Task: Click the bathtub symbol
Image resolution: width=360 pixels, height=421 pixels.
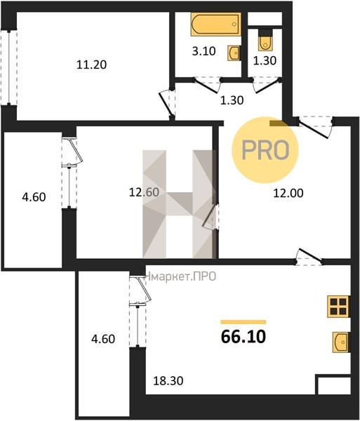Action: pyautogui.click(x=216, y=24)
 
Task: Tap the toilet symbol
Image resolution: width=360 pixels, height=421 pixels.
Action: pyautogui.click(x=265, y=40)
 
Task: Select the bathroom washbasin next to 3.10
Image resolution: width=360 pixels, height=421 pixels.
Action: pyautogui.click(x=234, y=53)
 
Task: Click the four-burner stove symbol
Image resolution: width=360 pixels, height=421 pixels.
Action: pyautogui.click(x=338, y=307)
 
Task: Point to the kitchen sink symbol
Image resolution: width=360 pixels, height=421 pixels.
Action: pyautogui.click(x=341, y=342)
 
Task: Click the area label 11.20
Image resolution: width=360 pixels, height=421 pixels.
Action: pyautogui.click(x=91, y=65)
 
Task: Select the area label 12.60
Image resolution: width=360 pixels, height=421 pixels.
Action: pyautogui.click(x=144, y=192)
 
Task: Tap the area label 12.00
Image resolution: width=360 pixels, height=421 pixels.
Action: pyautogui.click(x=288, y=193)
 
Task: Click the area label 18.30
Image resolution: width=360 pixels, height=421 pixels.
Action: pyautogui.click(x=168, y=380)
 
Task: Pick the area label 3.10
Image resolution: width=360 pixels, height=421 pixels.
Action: pyautogui.click(x=204, y=51)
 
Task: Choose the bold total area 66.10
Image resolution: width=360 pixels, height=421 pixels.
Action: pyautogui.click(x=244, y=337)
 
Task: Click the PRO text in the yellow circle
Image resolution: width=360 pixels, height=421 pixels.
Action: pyautogui.click(x=265, y=150)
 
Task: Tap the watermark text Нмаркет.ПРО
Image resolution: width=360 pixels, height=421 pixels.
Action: pyautogui.click(x=180, y=276)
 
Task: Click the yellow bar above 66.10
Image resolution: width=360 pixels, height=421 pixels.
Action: pyautogui.click(x=244, y=322)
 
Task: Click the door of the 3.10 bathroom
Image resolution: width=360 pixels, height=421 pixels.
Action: pyautogui.click(x=207, y=86)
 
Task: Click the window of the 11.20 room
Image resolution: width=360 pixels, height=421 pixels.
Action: pyautogui.click(x=9, y=67)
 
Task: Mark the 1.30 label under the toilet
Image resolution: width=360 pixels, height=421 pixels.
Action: pyautogui.click(x=265, y=60)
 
